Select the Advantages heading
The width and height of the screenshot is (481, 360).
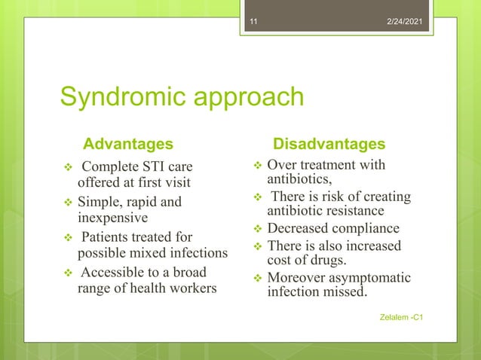pyautogui.click(x=127, y=143)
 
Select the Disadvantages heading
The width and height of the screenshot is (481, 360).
pyautogui.click(x=329, y=143)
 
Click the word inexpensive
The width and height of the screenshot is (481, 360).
pyautogui.click(x=114, y=218)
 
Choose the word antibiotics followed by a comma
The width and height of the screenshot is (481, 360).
pyautogui.click(x=299, y=179)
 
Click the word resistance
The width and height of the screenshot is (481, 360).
pyautogui.click(x=353, y=211)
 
